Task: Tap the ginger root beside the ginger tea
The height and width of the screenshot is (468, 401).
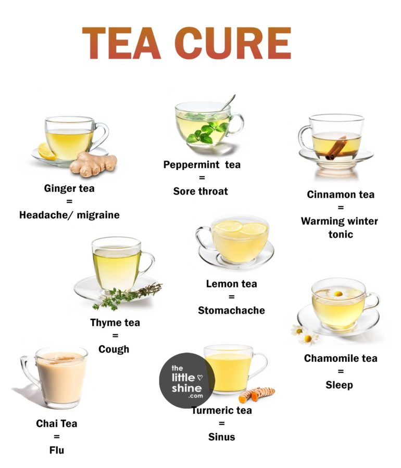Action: point(94,163)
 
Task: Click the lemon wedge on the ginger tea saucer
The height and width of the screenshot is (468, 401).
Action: point(47,151)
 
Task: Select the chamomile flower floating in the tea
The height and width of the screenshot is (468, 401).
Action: point(338,294)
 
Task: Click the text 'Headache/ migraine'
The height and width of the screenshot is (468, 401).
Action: point(69,215)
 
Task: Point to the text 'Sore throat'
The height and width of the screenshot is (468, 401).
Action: point(200,191)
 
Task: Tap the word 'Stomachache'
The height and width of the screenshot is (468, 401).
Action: point(231,310)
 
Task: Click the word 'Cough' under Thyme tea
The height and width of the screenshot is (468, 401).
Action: point(114,349)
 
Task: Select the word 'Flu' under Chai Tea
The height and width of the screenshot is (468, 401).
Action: point(57,450)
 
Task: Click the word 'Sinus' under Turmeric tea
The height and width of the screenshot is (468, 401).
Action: point(221,437)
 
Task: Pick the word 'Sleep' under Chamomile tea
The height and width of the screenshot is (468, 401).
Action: point(340,385)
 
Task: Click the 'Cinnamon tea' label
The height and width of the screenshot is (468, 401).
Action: point(341,194)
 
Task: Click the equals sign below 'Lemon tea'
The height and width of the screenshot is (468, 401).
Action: point(231,297)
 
